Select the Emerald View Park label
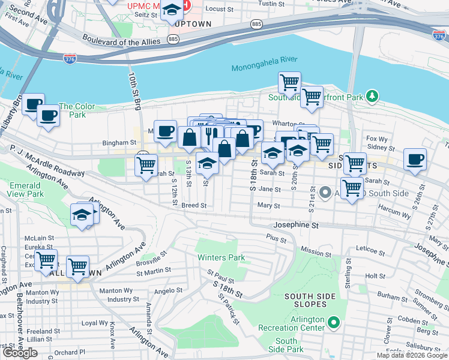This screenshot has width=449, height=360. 26,190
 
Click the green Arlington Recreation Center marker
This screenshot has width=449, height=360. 334,324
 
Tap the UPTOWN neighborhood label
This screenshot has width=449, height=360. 194,24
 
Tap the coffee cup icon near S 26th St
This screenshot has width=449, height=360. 415,160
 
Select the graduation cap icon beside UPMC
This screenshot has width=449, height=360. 172,10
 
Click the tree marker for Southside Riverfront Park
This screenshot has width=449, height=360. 372,96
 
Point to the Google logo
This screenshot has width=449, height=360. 20,352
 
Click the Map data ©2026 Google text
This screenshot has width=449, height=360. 411,355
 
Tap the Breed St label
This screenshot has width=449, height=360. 194,205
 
